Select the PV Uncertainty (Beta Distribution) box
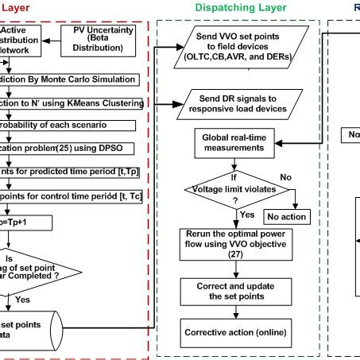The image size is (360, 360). [100, 41]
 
